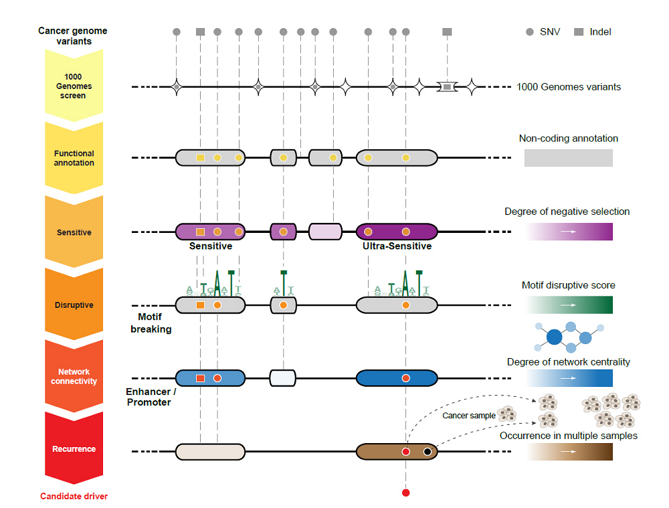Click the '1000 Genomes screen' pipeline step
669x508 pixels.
[x=74, y=86]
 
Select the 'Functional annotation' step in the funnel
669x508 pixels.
[x=74, y=158]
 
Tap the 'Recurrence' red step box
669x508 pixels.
[x=74, y=448]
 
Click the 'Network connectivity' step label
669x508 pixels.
[x=74, y=376]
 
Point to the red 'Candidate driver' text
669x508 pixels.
[x=74, y=496]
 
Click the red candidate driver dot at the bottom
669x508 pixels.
[x=405, y=493]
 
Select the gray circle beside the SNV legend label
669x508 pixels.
[x=530, y=31]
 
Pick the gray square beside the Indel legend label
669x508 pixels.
[x=579, y=31]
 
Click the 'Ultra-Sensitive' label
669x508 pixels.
[x=397, y=246]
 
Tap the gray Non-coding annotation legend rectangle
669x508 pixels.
[x=568, y=158]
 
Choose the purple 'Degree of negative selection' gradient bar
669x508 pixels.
[x=569, y=232]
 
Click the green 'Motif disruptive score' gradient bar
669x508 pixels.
[x=569, y=305]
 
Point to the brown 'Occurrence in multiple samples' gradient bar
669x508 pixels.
[x=569, y=452]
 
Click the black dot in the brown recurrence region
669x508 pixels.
[x=427, y=452]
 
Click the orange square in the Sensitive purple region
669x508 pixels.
[x=200, y=232]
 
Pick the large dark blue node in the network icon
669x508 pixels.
[x=554, y=337]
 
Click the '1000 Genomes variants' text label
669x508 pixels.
[x=569, y=87]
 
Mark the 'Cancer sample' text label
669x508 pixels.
[x=469, y=416]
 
